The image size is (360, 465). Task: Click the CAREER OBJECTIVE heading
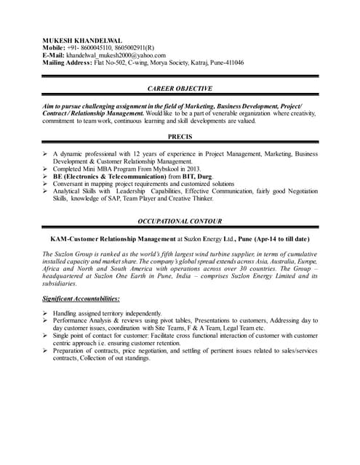(180, 89)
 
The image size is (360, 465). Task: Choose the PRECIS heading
(180, 137)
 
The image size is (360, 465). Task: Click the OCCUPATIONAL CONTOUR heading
(180, 221)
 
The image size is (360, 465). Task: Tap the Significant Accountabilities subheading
(81, 299)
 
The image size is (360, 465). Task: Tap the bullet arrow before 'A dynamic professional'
(46, 154)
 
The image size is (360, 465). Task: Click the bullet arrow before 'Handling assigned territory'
(46, 312)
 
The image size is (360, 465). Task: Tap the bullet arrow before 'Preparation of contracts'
(46, 350)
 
